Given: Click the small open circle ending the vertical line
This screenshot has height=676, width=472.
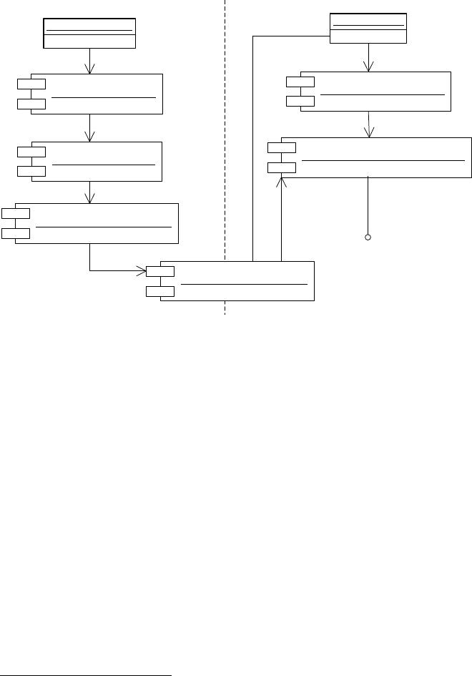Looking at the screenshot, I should (x=368, y=237).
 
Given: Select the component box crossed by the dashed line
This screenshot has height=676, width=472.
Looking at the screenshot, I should (x=237, y=280).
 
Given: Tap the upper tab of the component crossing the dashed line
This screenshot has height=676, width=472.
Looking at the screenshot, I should (x=160, y=271).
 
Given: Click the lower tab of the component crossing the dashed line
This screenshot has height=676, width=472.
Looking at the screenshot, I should (x=160, y=291).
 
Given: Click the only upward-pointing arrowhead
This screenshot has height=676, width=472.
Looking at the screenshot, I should (x=282, y=183).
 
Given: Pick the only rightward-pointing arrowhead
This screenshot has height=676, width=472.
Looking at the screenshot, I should (x=141, y=271).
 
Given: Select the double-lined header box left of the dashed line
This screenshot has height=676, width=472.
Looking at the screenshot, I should (x=89, y=34).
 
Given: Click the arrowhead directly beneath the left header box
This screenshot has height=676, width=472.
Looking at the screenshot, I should (x=89, y=68).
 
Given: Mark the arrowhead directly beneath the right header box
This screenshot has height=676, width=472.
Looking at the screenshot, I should (x=368, y=67).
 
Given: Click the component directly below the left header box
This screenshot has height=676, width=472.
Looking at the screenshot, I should (x=97, y=93).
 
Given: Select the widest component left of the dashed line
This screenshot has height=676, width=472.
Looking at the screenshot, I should (x=97, y=223).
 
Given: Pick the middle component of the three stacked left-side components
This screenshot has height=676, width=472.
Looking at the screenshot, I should (x=97, y=162).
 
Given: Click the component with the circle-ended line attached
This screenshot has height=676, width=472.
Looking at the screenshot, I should (x=376, y=157).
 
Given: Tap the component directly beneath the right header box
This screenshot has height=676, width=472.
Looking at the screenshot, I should (x=375, y=92).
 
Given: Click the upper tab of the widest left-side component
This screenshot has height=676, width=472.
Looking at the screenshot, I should (x=16, y=213).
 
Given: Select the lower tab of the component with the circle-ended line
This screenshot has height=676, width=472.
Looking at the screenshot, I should (x=281, y=167).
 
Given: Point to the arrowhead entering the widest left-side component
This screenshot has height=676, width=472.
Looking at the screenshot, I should (x=89, y=198).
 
